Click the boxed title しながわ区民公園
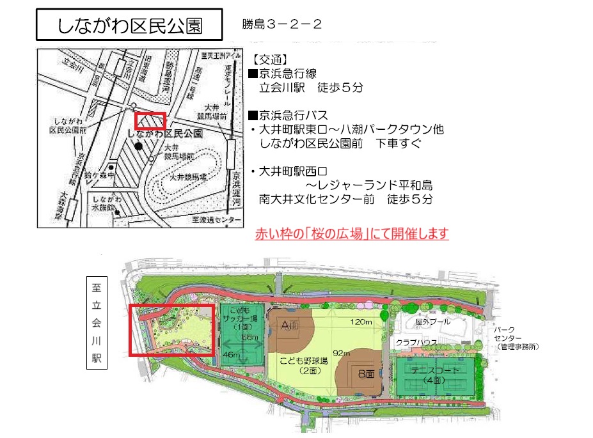130,26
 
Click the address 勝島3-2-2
281,24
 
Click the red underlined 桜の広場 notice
352,233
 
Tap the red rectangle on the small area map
150,120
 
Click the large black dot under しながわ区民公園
138,146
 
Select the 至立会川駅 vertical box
97,323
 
